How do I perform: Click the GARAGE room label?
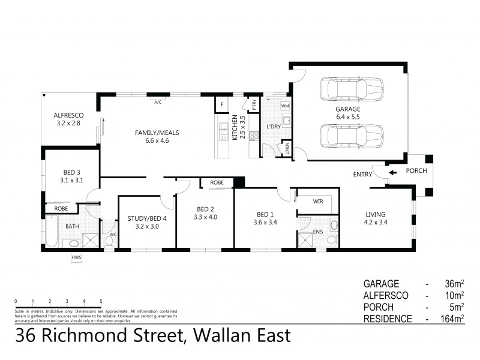point(348,110)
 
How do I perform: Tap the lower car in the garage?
point(350,136)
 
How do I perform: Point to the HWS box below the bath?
point(76,257)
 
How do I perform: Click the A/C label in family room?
point(158,102)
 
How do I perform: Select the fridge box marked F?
point(222,105)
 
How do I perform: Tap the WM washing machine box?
point(285,106)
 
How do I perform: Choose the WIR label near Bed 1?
point(317,202)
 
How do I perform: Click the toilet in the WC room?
point(109,241)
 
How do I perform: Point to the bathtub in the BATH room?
point(53,232)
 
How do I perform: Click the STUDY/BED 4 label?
point(147,218)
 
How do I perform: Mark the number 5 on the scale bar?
point(101,301)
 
